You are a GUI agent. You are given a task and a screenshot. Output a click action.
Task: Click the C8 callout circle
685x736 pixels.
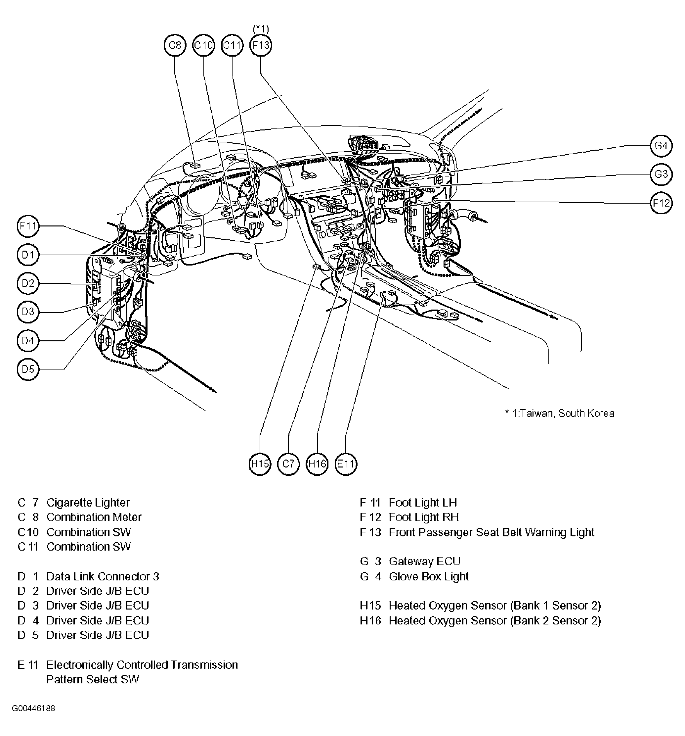[x=175, y=45]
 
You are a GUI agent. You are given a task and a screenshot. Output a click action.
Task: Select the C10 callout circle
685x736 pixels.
[x=203, y=45]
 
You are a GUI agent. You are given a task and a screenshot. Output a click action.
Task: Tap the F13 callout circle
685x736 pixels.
[x=261, y=45]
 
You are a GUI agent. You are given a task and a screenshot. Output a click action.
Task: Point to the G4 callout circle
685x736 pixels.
[x=661, y=145]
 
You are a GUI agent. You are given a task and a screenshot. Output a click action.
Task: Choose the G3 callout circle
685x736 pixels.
[x=661, y=174]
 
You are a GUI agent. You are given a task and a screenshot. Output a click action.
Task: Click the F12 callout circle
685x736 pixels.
[x=661, y=203]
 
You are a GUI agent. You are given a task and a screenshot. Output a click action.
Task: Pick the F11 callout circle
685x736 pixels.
[x=28, y=226]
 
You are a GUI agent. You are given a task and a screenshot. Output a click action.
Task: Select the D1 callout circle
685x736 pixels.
[x=28, y=255]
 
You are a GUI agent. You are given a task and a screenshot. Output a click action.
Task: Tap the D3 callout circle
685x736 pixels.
[x=28, y=312]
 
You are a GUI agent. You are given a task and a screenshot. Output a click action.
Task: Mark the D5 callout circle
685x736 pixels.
[x=28, y=369]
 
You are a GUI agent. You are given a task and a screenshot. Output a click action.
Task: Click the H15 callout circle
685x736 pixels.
[x=260, y=464]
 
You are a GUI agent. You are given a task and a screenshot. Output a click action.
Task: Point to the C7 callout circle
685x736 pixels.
[x=288, y=464]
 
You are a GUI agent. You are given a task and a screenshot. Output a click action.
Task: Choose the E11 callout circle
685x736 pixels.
[x=346, y=464]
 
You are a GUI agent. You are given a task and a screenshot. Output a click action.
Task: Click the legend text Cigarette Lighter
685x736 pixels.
[x=88, y=503]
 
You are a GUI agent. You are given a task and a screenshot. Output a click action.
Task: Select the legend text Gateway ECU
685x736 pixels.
[x=424, y=561]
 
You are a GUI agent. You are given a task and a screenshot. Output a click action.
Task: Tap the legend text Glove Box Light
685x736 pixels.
[x=428, y=576]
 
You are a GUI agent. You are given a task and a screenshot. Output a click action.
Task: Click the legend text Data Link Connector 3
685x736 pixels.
[x=103, y=576]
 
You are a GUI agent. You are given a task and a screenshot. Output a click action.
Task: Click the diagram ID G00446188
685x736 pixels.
[x=33, y=708]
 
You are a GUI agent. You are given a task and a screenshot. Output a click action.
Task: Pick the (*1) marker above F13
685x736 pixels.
[x=261, y=29]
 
